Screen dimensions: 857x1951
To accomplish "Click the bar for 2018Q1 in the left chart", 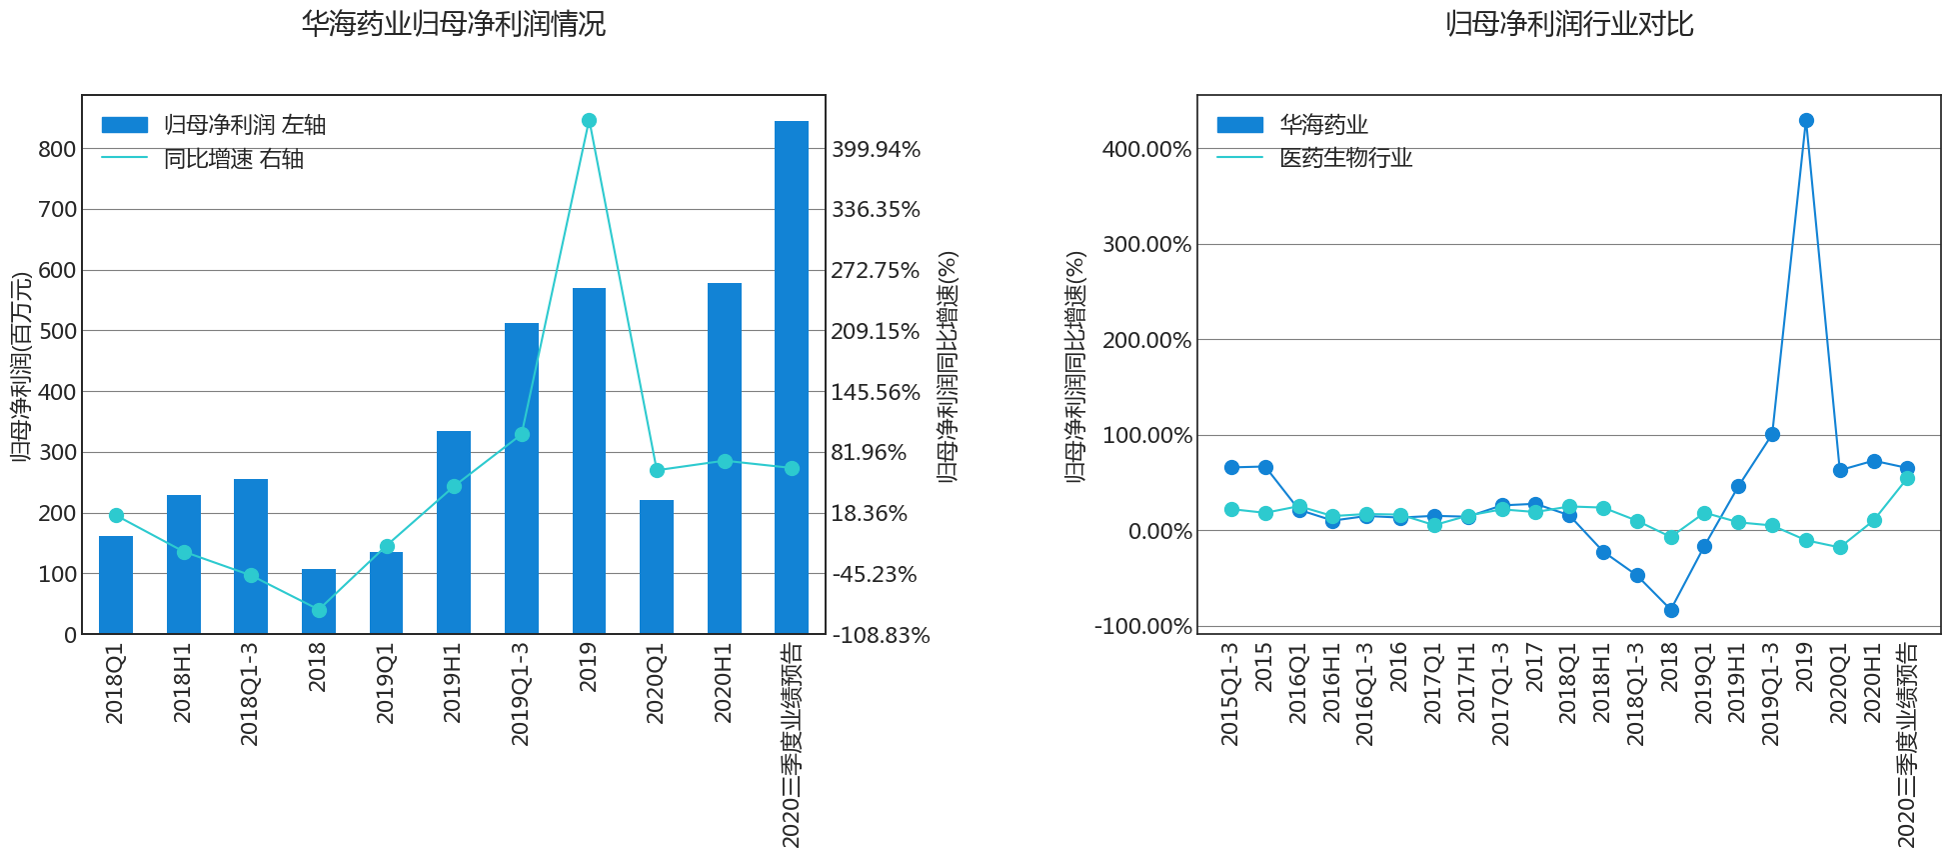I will point(116,585).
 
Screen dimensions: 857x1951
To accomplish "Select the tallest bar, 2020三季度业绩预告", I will point(792,378).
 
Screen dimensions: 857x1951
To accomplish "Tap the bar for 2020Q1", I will point(657,567).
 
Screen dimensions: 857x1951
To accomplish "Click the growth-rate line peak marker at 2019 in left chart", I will point(589,121).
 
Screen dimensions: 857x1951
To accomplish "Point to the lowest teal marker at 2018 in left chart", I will point(319,610).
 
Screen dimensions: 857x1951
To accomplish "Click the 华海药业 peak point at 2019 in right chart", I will point(1806,121).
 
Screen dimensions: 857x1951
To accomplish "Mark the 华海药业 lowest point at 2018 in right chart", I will point(1671,610).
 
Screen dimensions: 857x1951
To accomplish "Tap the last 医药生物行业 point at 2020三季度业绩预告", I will point(1907,478).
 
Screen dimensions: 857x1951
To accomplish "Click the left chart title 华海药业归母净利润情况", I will point(454,24).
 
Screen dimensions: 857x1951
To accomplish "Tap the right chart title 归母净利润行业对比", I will point(1569,24).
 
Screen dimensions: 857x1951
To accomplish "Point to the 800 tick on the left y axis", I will point(57,149).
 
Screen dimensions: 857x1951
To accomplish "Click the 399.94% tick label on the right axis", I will point(876,149).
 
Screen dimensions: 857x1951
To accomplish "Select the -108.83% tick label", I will point(881,635).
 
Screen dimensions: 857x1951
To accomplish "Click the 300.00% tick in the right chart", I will point(1146,245).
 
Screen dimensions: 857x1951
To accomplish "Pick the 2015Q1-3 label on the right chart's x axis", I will point(1230,693).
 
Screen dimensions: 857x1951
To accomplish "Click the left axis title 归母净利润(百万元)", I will point(22,367).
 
